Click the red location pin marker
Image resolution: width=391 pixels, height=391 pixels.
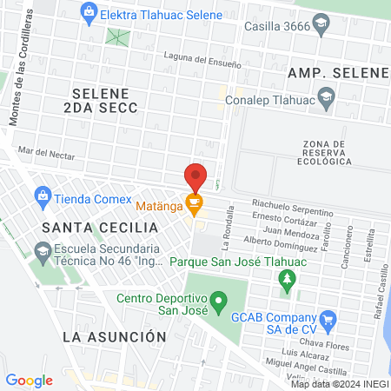point(195,176)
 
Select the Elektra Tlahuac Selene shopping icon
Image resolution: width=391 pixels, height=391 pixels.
point(87,12)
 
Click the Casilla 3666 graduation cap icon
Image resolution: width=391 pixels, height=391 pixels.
point(321,26)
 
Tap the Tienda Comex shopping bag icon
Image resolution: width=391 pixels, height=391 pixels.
point(41,197)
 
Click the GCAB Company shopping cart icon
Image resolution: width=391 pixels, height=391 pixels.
point(328,321)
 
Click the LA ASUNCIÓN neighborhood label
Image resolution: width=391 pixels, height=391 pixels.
point(114,335)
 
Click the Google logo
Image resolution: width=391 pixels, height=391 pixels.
point(29,380)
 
